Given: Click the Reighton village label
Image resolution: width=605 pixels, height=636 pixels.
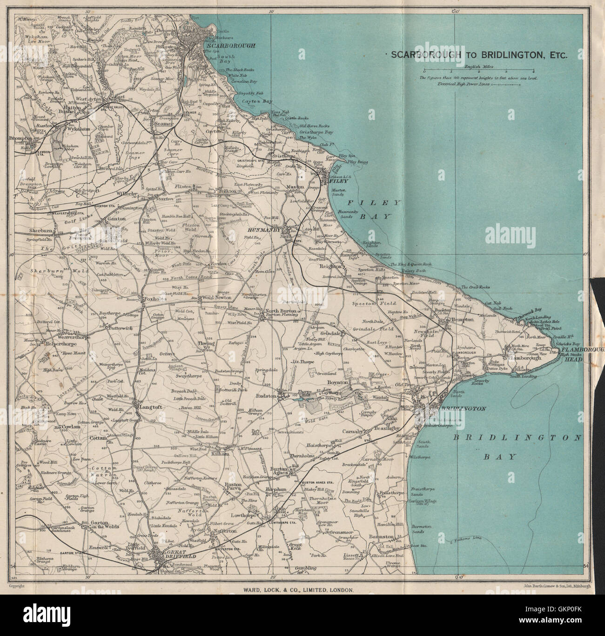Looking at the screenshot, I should (x=330, y=267).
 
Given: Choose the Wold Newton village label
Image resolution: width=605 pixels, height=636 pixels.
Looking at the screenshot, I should (x=214, y=298).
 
